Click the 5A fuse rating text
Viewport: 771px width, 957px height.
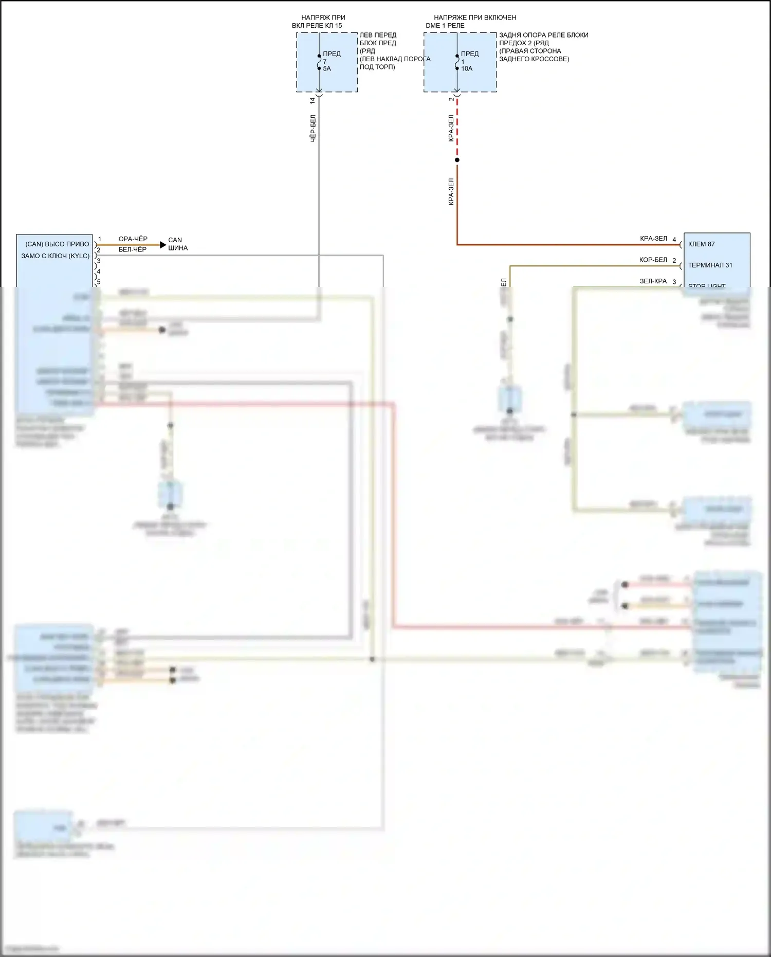pyautogui.click(x=327, y=68)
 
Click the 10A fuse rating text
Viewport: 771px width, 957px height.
pyautogui.click(x=467, y=68)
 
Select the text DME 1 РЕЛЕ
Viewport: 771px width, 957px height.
pyautogui.click(x=445, y=25)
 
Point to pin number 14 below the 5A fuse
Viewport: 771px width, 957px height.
pyautogui.click(x=312, y=101)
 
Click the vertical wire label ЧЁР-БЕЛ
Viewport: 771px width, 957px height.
pyautogui.click(x=313, y=128)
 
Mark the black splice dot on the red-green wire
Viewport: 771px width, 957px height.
pyautogui.click(x=457, y=160)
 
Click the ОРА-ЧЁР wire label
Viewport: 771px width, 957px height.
pyautogui.click(x=133, y=239)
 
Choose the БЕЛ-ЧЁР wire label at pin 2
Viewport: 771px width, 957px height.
pyautogui.click(x=133, y=249)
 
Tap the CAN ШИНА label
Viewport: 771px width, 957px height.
pyautogui.click(x=178, y=244)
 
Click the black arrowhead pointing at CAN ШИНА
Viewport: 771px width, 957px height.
pyautogui.click(x=163, y=245)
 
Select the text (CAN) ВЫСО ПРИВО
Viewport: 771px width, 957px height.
pyautogui.click(x=57, y=244)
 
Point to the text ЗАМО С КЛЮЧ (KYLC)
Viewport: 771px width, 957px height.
pyautogui.click(x=55, y=256)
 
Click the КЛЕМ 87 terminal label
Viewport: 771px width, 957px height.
pyautogui.click(x=701, y=244)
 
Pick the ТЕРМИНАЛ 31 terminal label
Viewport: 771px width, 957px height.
pyautogui.click(x=710, y=265)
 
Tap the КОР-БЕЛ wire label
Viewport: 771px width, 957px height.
pyautogui.click(x=653, y=260)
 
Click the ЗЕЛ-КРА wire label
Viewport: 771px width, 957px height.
pyautogui.click(x=653, y=281)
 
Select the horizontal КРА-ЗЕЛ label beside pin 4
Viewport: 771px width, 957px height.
pyautogui.click(x=653, y=239)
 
